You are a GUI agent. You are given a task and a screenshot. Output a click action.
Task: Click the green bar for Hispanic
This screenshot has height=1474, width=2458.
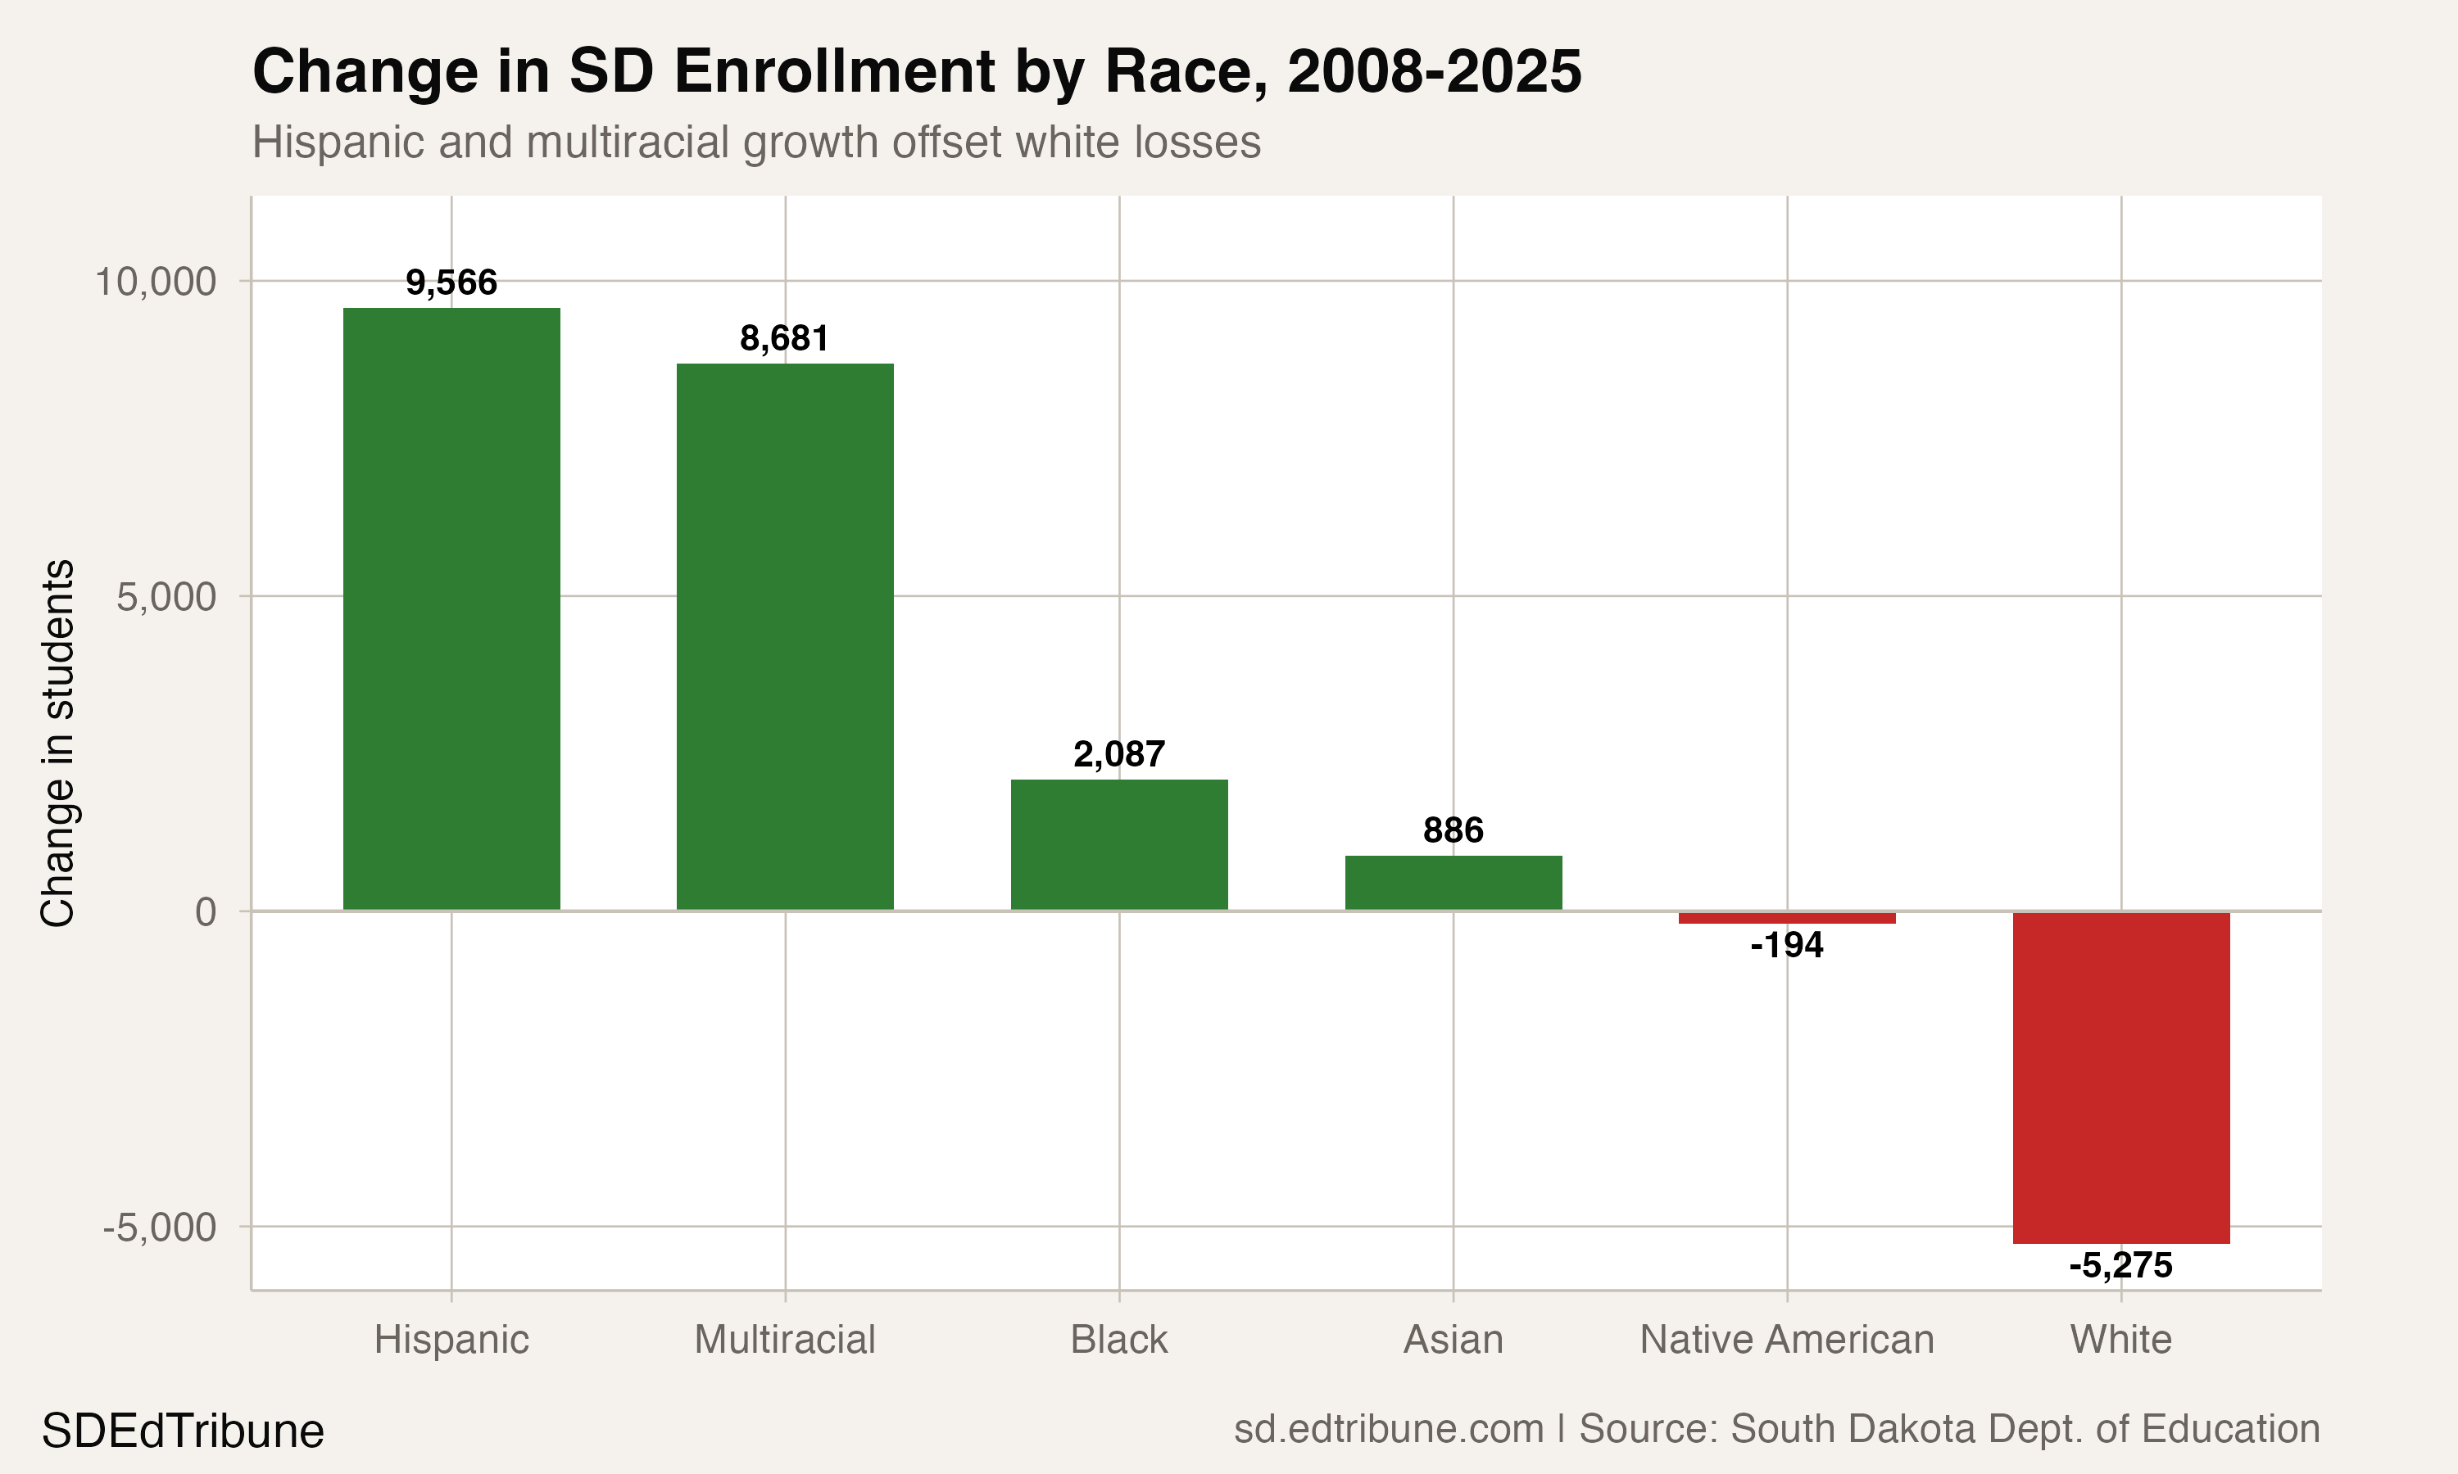[451, 608]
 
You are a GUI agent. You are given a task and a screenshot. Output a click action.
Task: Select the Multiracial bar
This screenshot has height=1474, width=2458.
[785, 635]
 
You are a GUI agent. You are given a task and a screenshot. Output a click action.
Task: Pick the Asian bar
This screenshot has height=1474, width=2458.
[1453, 882]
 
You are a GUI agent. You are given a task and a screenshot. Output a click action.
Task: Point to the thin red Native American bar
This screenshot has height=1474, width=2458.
[1786, 918]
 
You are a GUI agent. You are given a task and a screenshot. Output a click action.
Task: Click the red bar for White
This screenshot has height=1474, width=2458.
[2120, 1077]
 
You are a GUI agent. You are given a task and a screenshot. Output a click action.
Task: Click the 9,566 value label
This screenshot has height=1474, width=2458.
[451, 283]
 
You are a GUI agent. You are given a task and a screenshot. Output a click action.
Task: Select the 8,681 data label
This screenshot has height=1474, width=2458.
[784, 339]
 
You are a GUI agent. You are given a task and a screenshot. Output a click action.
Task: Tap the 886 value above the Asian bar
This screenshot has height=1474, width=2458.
[1453, 830]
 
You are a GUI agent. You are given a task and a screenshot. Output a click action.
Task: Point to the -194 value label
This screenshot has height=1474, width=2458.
[1786, 945]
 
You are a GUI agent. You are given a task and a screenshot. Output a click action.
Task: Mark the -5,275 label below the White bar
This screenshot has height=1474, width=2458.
[2120, 1265]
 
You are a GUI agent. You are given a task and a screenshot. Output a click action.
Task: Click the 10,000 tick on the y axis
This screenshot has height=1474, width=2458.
[155, 282]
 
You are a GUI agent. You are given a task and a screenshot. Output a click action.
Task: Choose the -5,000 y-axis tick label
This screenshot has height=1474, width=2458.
[159, 1228]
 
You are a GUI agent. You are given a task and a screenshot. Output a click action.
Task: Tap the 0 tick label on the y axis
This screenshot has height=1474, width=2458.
[206, 911]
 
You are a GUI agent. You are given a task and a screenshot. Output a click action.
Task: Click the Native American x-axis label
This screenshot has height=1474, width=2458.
[1786, 1340]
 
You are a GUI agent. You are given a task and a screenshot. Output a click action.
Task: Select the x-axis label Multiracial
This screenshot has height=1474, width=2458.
[785, 1340]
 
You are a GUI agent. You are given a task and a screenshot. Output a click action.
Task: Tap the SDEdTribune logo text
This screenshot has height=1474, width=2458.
[183, 1431]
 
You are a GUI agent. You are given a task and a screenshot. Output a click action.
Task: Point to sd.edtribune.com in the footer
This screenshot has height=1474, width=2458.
[1388, 1429]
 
